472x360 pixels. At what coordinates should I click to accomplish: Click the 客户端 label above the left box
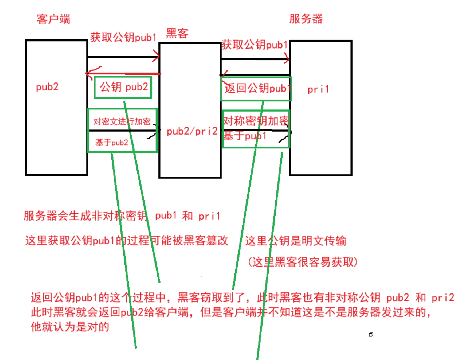coord(53,19)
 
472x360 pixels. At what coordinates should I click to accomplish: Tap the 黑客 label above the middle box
coord(177,34)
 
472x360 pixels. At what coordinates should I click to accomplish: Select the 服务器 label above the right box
coord(306,19)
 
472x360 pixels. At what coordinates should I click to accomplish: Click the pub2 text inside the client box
coord(47,87)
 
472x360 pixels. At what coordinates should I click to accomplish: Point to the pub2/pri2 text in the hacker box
coord(192,132)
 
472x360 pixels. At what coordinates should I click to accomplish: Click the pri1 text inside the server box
coord(318,89)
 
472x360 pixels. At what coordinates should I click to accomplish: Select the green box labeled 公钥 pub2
coord(123,87)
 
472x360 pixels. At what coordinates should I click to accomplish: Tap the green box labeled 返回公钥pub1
coord(256,89)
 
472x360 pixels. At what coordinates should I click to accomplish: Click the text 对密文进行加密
coord(122,121)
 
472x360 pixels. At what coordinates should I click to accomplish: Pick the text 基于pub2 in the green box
coord(112,142)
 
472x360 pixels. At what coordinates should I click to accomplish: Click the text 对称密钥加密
coord(256,121)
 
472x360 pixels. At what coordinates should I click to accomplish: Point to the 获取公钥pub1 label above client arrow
coord(123,37)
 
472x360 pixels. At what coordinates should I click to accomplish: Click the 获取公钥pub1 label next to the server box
coord(254,45)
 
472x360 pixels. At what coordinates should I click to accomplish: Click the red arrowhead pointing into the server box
coord(287,59)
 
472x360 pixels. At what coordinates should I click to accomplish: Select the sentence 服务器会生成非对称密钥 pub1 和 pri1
coord(122,216)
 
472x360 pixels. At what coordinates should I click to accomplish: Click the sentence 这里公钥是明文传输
coord(295,241)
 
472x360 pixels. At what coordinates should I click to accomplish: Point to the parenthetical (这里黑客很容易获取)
coord(302,262)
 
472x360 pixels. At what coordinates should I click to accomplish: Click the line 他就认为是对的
coord(70,327)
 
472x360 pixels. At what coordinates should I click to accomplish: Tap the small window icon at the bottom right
coord(371,335)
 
